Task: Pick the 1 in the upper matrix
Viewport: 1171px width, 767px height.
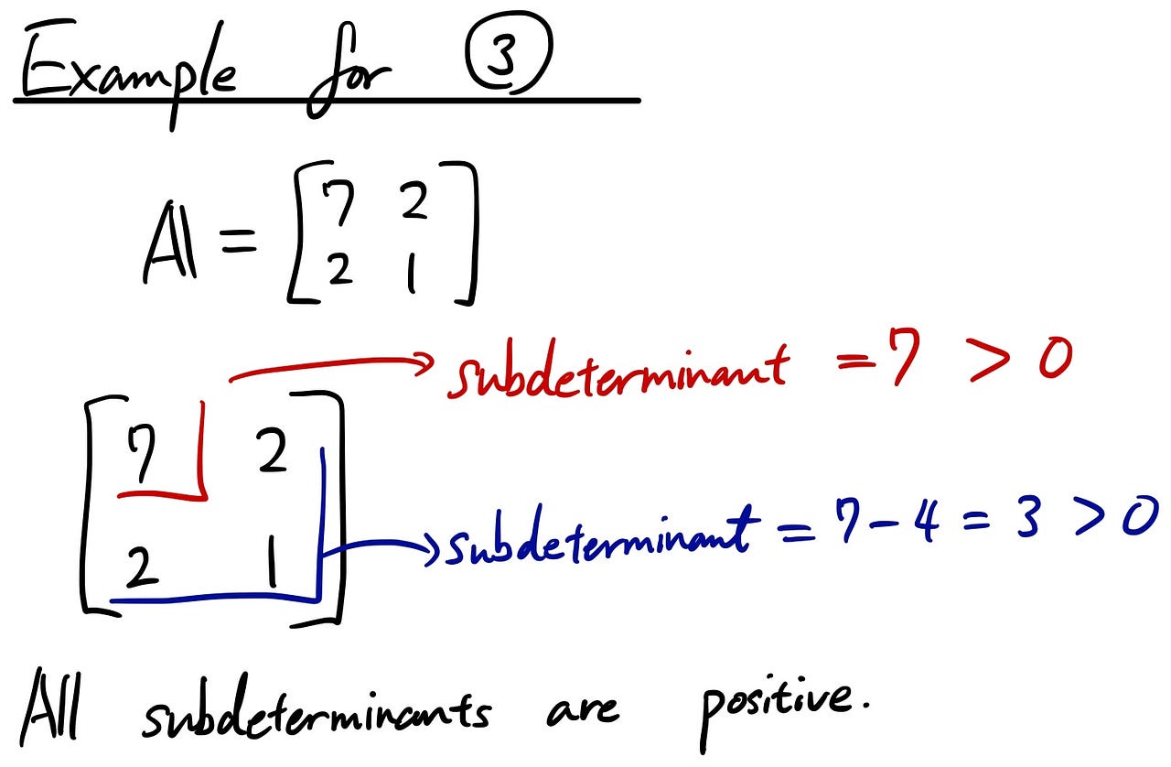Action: click(412, 272)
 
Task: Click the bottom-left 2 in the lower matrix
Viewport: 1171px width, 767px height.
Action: click(143, 569)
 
